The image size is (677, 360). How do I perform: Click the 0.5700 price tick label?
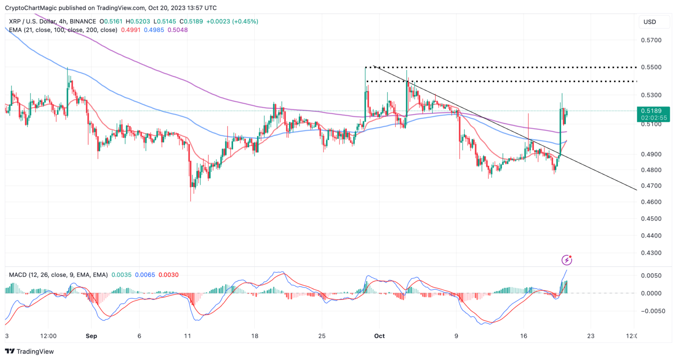click(x=651, y=40)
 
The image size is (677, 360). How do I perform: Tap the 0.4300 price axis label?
click(x=651, y=253)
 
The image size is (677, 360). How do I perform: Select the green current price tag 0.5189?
click(x=653, y=111)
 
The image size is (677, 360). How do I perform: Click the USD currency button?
click(x=650, y=22)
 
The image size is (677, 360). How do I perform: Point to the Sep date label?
click(x=91, y=336)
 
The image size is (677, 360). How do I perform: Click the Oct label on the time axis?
click(x=379, y=336)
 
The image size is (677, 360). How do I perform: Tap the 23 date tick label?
click(x=591, y=336)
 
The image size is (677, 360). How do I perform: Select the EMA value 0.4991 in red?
click(x=130, y=30)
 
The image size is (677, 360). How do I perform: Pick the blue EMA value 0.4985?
click(x=154, y=30)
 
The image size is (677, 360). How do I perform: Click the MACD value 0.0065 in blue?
click(x=145, y=275)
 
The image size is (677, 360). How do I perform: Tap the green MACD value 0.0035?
click(x=121, y=275)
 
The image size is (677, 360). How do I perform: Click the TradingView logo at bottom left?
click(x=29, y=351)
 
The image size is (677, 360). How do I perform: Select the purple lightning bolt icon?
click(x=567, y=260)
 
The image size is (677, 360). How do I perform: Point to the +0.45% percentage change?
click(x=246, y=21)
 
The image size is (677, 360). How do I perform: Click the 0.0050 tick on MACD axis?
click(x=651, y=275)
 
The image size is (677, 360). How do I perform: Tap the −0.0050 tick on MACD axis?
click(x=650, y=311)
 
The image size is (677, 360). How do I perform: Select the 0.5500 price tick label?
click(x=651, y=67)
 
